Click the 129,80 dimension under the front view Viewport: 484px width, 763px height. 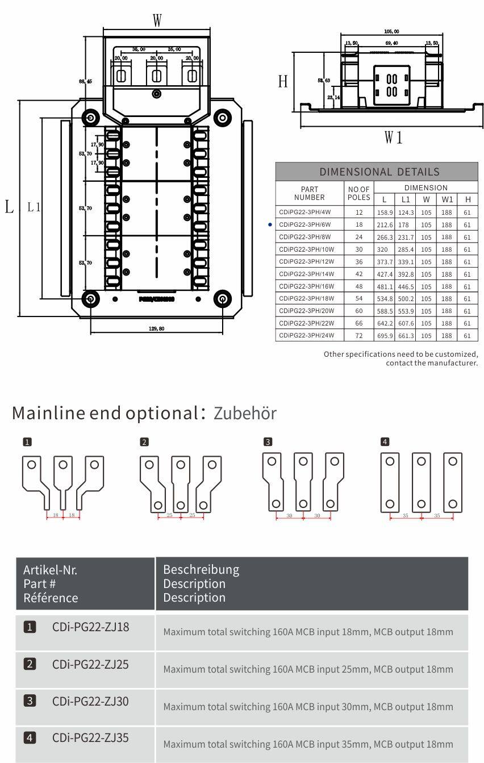pos(157,328)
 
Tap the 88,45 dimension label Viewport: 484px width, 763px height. pos(85,81)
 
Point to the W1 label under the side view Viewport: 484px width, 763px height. pos(393,137)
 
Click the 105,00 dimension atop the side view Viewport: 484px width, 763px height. pos(391,31)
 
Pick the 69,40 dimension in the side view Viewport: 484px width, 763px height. pos(391,43)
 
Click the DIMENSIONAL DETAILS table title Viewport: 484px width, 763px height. pos(379,172)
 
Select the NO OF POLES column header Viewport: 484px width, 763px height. pos(358,193)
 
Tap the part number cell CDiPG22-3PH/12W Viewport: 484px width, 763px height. pos(306,262)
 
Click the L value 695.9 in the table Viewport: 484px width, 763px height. pos(385,336)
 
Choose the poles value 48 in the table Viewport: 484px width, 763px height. pos(358,286)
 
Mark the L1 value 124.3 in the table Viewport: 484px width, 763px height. pos(405,212)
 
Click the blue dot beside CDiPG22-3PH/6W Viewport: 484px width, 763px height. pos(270,225)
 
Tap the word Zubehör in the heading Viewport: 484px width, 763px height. pos(245,413)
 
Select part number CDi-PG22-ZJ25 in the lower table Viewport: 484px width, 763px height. pos(90,664)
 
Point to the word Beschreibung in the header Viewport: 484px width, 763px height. pos(201,569)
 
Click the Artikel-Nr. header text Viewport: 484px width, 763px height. pos(50,570)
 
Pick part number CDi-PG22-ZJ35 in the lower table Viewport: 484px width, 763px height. pos(90,738)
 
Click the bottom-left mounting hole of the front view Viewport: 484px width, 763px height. pos(90,298)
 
